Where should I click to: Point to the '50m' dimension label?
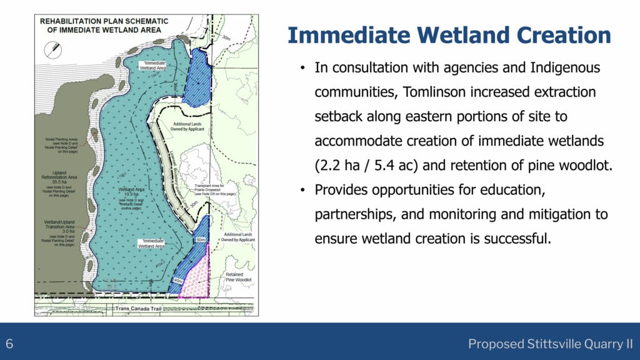pyautogui.click(x=201, y=240)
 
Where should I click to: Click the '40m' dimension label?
pyautogui.click(x=178, y=281)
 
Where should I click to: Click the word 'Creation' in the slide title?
pyautogui.click(x=561, y=35)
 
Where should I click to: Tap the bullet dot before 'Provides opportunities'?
pyautogui.click(x=302, y=189)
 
